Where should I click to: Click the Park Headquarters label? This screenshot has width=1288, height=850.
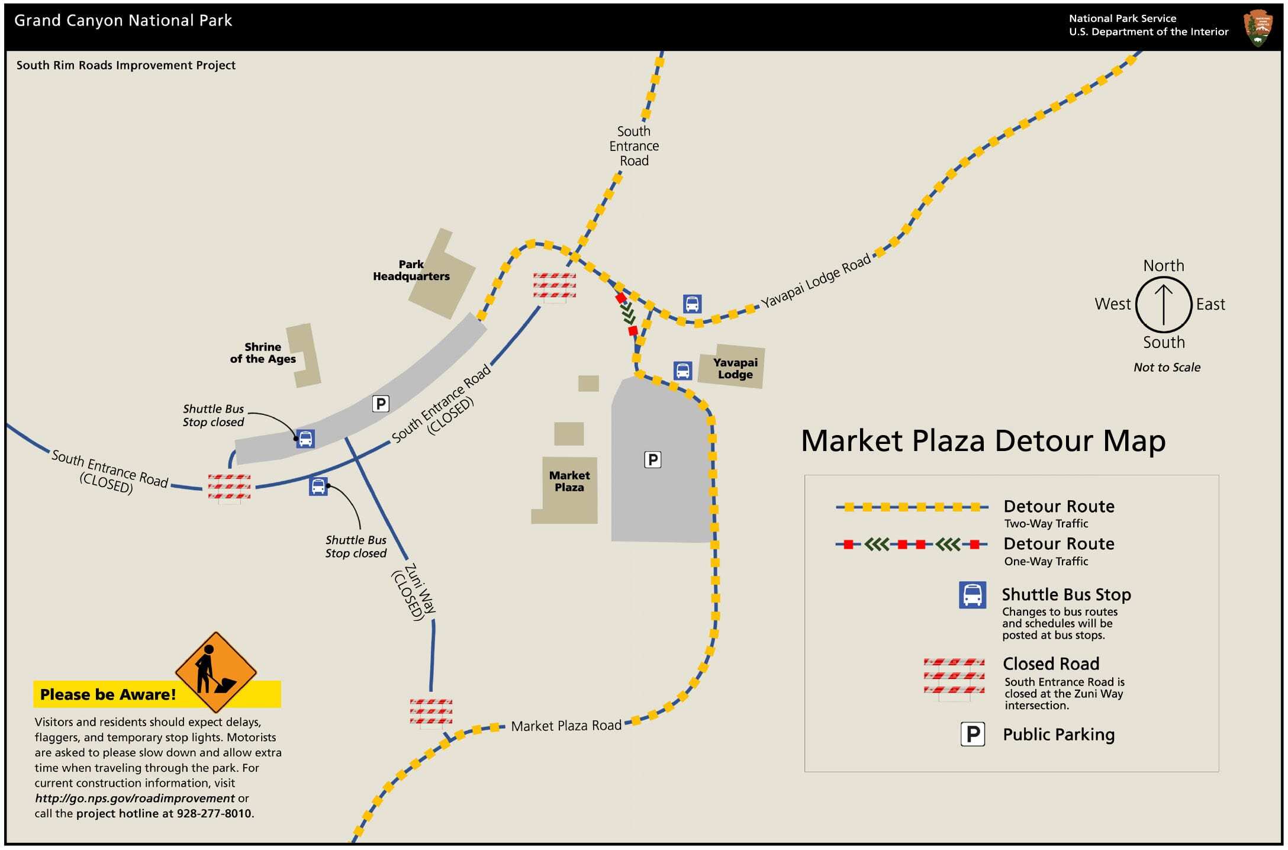(411, 271)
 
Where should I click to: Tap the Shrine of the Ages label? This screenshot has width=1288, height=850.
(263, 353)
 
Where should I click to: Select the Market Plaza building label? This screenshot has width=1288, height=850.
(569, 481)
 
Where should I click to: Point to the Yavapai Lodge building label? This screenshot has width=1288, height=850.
(735, 368)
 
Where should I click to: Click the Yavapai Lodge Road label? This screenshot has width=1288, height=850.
(815, 281)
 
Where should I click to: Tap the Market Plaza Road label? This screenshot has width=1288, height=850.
(566, 726)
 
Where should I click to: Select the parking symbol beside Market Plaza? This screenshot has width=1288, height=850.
(652, 460)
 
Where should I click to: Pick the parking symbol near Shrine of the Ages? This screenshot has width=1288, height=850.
(381, 404)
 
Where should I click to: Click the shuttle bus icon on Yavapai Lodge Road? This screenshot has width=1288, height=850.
(692, 304)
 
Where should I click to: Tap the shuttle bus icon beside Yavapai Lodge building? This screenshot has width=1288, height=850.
(682, 371)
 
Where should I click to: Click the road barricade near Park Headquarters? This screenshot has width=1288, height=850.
(554, 286)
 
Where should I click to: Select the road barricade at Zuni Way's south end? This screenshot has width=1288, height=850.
(431, 712)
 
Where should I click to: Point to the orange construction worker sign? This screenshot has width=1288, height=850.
(215, 672)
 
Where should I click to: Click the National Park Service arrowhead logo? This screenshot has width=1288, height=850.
(1257, 27)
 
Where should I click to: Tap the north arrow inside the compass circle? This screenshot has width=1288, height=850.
(1163, 304)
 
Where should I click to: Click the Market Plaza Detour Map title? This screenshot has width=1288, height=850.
(983, 441)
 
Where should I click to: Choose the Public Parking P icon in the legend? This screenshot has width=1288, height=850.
(972, 735)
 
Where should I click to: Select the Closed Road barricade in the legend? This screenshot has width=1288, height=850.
(954, 677)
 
